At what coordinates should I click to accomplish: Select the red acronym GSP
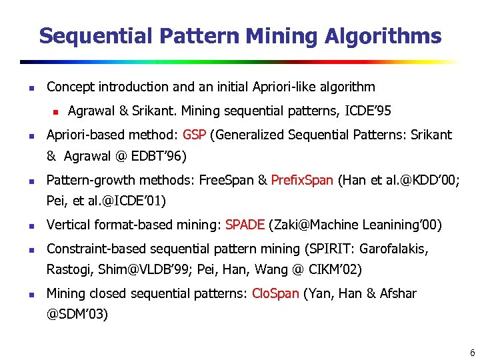tap(194, 135)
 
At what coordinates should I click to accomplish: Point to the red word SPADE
tap(245, 225)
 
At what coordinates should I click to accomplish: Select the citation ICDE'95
tap(368, 110)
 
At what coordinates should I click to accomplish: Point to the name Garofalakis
tap(394, 249)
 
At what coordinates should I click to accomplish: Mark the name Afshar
tap(398, 293)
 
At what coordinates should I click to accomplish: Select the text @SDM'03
tap(77, 314)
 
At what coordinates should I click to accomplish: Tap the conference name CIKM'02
tap(333, 271)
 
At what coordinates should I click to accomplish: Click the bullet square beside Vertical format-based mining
tap(23, 226)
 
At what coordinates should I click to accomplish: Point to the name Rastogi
tap(67, 271)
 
